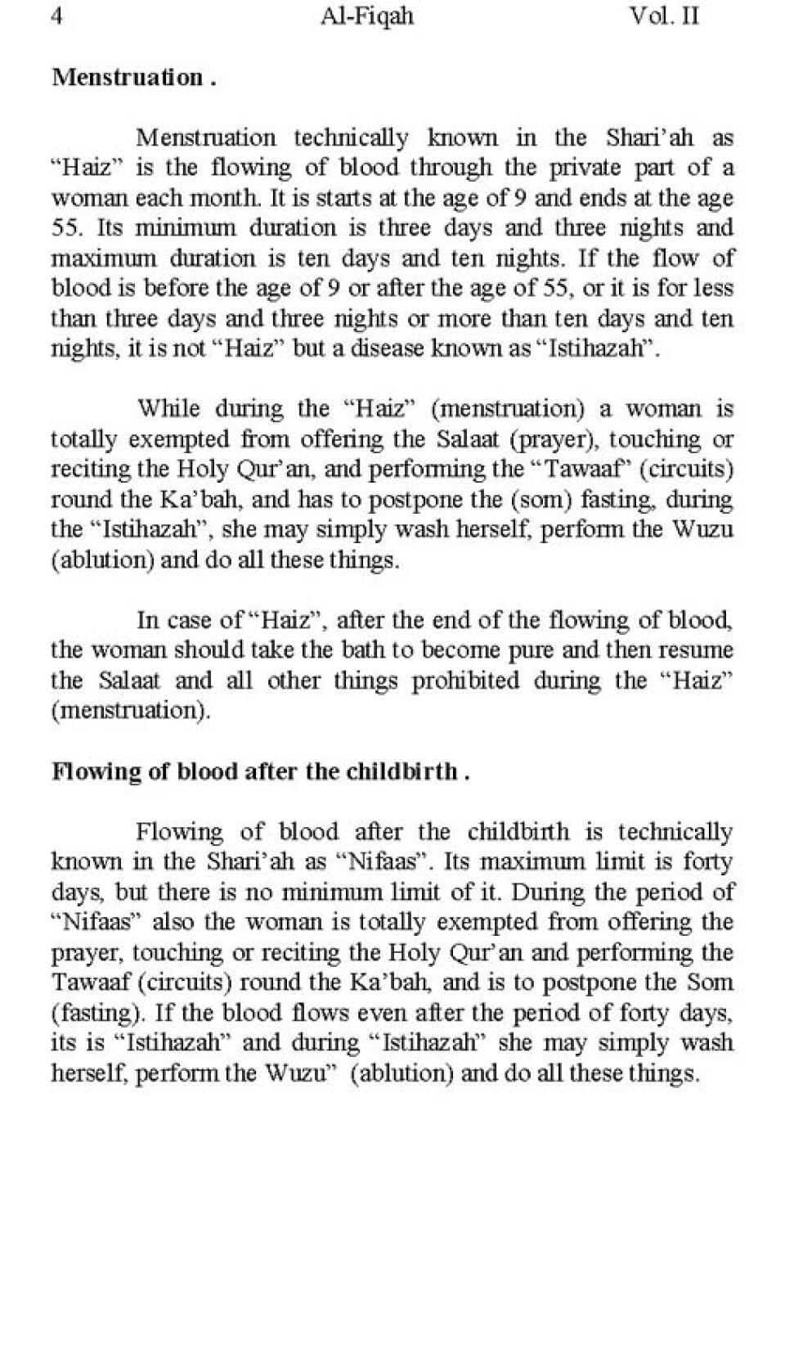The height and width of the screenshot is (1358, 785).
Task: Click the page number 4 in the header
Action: point(57,16)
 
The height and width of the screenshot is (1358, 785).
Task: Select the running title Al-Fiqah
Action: point(367,16)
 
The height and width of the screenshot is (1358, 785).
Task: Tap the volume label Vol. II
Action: point(664,16)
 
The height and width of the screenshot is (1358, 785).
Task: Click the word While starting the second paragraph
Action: point(170,408)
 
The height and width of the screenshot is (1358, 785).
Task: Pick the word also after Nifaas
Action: point(174,922)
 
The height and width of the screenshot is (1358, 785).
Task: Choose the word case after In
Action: point(189,620)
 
